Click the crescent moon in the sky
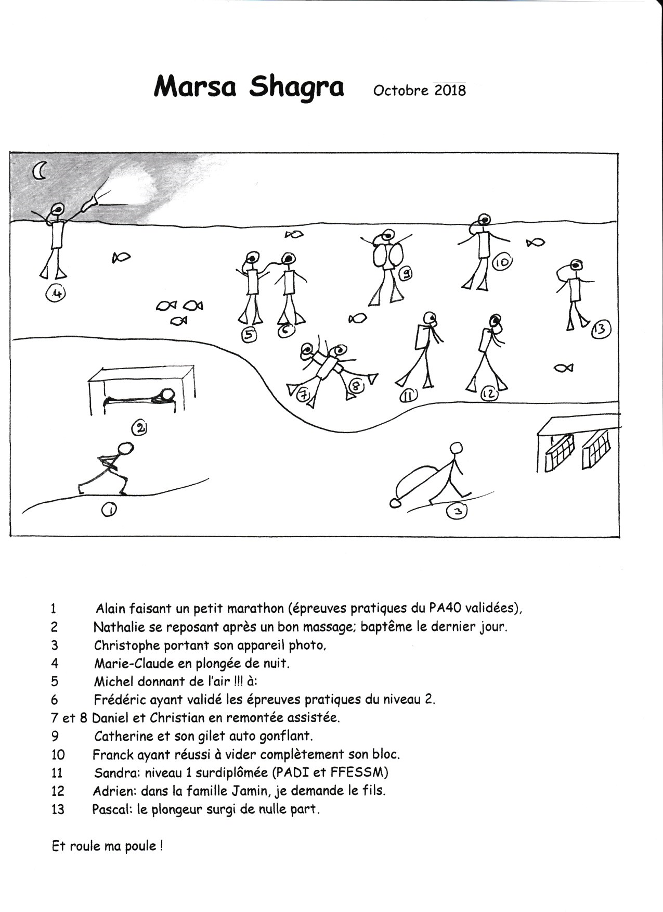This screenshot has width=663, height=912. pyautogui.click(x=40, y=171)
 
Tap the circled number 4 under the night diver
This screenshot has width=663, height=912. pyautogui.click(x=56, y=294)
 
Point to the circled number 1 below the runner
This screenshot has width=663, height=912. pyautogui.click(x=110, y=510)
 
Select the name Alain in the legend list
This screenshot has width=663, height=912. pyautogui.click(x=111, y=608)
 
